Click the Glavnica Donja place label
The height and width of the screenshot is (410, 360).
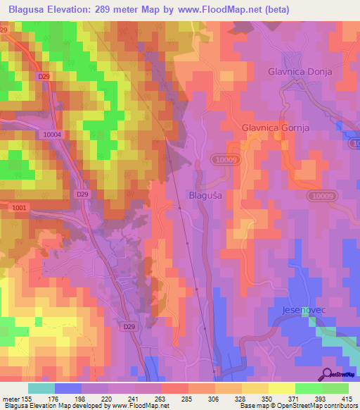[299, 72]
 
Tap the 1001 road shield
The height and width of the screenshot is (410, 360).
[19, 208]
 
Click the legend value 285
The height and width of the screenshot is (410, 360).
[188, 399]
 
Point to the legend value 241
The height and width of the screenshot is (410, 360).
[134, 399]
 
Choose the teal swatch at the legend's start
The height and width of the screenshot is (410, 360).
[41, 388]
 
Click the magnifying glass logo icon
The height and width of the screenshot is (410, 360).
[326, 374]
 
